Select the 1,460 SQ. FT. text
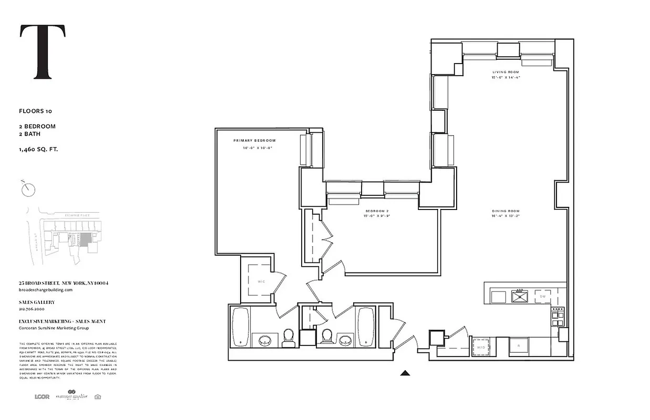[x=38, y=150]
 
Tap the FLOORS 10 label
[x=35, y=111]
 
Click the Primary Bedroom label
[x=254, y=141]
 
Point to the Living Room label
[x=505, y=72]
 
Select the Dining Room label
[x=505, y=212]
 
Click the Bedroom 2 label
[x=376, y=211]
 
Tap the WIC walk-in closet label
[x=261, y=281]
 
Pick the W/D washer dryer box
[x=481, y=347]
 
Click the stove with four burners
[x=557, y=316]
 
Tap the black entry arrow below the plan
[x=405, y=373]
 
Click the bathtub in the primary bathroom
[x=241, y=327]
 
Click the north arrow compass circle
[x=28, y=189]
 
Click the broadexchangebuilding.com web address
[x=45, y=289]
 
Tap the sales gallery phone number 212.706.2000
[x=33, y=309]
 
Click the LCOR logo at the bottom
[x=42, y=396]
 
